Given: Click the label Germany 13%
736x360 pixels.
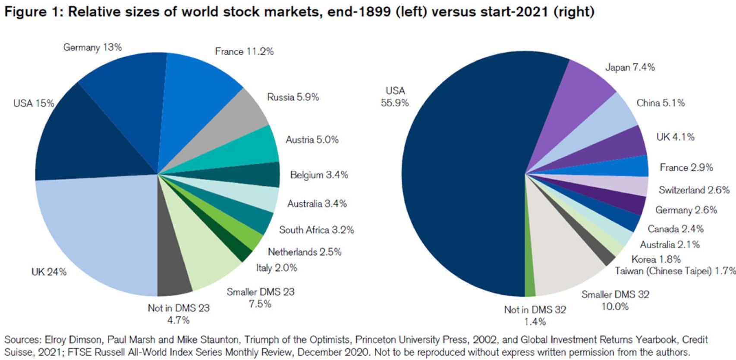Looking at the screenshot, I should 92,47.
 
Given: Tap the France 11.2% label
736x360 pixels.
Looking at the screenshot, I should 244,52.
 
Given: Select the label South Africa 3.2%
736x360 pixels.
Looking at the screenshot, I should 316,230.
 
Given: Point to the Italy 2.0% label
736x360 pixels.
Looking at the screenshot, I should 276,268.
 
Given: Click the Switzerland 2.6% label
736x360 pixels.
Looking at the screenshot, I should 694,190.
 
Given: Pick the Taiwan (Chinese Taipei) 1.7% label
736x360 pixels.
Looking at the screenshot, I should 675,271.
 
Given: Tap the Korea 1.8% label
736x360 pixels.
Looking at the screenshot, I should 656,259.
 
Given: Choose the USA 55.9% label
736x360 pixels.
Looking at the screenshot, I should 395,97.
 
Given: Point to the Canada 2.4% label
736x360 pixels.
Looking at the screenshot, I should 675,229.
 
